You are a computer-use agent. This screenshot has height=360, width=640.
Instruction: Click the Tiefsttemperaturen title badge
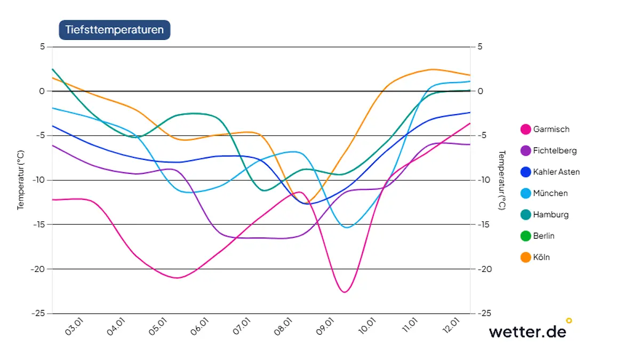click(x=114, y=30)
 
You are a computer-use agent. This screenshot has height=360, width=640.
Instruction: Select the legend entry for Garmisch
click(x=551, y=129)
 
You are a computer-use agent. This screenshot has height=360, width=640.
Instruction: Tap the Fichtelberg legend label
click(x=555, y=150)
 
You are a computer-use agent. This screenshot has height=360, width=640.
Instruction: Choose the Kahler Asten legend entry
click(x=556, y=172)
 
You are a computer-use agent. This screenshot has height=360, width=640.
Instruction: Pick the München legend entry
click(x=550, y=193)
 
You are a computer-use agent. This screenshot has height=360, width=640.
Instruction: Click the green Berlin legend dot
click(x=526, y=236)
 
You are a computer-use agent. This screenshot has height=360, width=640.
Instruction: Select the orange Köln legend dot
click(x=526, y=257)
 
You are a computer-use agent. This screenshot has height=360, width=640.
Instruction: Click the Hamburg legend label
click(x=550, y=214)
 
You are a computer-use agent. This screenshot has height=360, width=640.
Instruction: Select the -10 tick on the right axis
click(x=483, y=180)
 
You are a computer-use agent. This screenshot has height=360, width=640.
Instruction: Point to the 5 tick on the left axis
click(x=43, y=47)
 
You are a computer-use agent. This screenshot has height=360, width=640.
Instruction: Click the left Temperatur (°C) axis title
click(x=21, y=180)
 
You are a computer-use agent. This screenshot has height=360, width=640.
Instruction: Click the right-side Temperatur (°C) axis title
click(x=501, y=180)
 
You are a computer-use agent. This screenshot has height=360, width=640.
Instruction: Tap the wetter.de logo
click(x=527, y=331)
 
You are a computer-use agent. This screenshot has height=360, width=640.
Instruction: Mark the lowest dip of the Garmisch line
click(x=344, y=292)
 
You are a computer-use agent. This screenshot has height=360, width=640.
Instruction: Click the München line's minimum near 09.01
click(x=347, y=227)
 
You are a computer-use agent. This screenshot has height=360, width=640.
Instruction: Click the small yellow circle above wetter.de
click(x=569, y=321)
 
